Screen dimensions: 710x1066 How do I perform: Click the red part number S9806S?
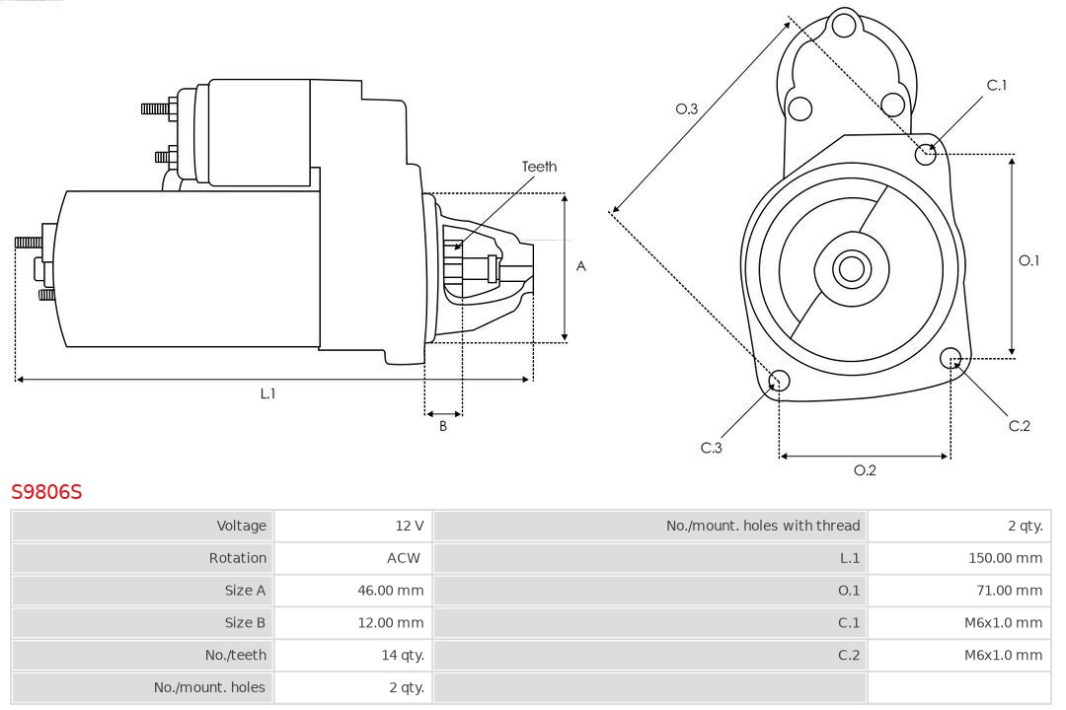[x=46, y=491]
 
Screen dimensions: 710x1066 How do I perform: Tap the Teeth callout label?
[x=539, y=167]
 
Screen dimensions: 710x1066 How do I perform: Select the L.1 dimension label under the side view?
[x=267, y=393]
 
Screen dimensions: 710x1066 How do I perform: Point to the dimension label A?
[x=581, y=266]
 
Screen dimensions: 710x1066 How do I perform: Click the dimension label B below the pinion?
[x=443, y=426]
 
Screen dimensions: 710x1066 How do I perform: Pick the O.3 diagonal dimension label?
[x=687, y=108]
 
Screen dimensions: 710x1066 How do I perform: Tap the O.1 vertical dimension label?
[x=1028, y=260]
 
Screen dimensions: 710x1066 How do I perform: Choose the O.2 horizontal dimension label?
[x=865, y=470]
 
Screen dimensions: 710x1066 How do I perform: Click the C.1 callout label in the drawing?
[x=997, y=86]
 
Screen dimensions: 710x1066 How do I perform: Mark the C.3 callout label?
[x=712, y=448]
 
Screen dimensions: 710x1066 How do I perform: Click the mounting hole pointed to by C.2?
[x=951, y=357]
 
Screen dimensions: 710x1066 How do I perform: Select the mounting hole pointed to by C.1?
[x=926, y=153]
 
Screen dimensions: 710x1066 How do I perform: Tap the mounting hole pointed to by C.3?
[x=779, y=381]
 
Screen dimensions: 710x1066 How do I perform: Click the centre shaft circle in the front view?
[x=850, y=268]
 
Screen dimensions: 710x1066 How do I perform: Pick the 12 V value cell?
[x=410, y=526]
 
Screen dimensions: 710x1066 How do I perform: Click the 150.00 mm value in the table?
[x=1005, y=558]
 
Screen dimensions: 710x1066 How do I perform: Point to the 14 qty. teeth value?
[x=403, y=655]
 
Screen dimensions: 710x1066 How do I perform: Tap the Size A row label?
[x=245, y=591]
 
